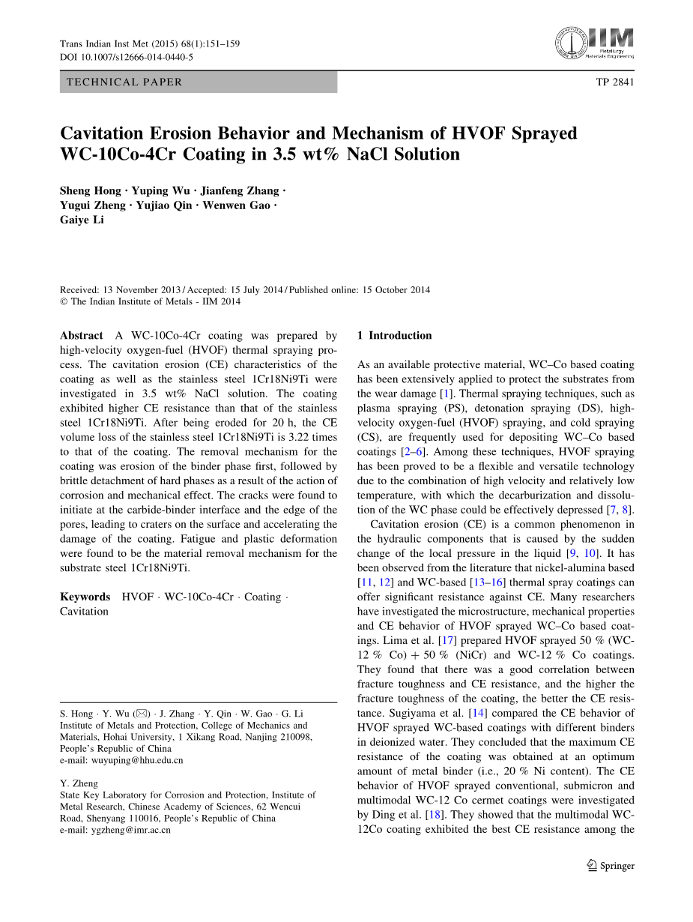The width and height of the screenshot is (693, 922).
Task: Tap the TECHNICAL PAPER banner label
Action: click(x=124, y=82)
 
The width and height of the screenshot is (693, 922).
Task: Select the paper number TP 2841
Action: click(x=614, y=82)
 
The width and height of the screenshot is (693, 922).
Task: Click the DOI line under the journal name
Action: click(x=127, y=57)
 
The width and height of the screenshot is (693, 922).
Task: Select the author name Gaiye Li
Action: click(x=82, y=220)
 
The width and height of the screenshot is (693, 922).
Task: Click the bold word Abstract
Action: click(x=82, y=336)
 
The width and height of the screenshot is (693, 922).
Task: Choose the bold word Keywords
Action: click(x=85, y=597)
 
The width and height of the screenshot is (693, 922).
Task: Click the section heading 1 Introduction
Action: click(x=395, y=336)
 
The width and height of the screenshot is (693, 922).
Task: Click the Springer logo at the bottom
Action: click(x=611, y=866)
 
